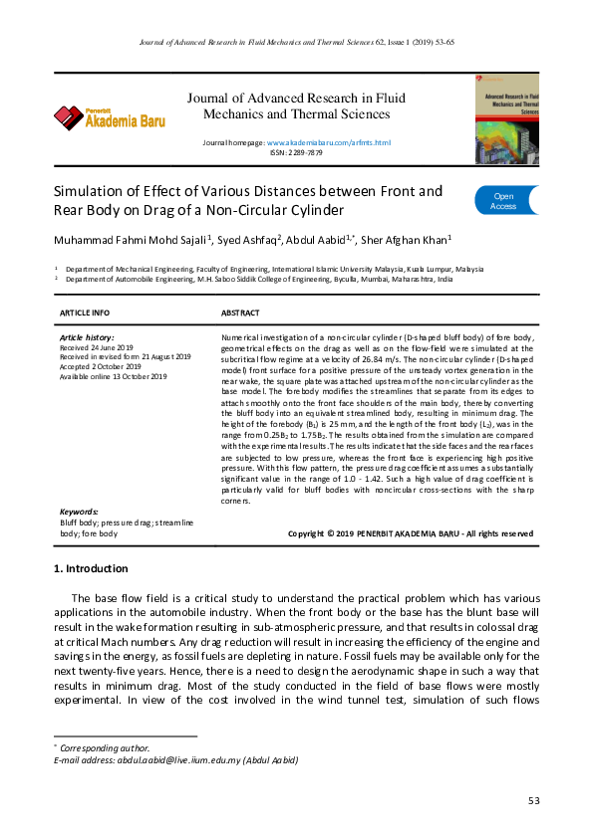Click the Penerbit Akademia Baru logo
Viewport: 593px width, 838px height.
110,117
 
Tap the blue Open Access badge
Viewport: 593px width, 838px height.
506,201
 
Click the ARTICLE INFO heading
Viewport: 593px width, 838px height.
86,313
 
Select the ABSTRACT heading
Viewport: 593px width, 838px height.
240,313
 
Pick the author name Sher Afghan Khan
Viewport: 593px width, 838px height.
406,239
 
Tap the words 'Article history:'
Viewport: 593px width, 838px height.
87,338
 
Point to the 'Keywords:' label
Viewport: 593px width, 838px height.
81,511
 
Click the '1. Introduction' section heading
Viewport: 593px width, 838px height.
90,569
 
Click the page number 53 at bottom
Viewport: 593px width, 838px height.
534,801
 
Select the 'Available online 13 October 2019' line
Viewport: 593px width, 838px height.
114,377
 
